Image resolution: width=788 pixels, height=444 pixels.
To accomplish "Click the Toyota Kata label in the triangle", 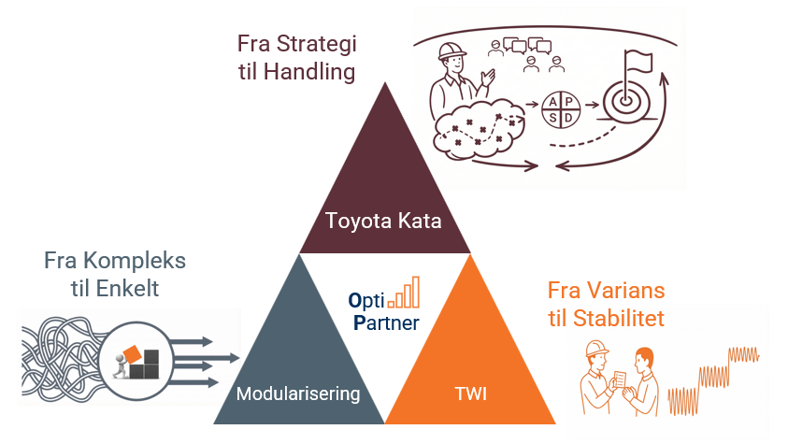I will pyautogui.click(x=383, y=222).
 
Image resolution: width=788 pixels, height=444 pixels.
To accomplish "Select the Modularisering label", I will pyautogui.click(x=298, y=394).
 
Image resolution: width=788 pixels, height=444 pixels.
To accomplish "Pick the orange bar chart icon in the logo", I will pyautogui.click(x=405, y=293).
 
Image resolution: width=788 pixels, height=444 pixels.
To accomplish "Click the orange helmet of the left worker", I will pyautogui.click(x=595, y=347).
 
